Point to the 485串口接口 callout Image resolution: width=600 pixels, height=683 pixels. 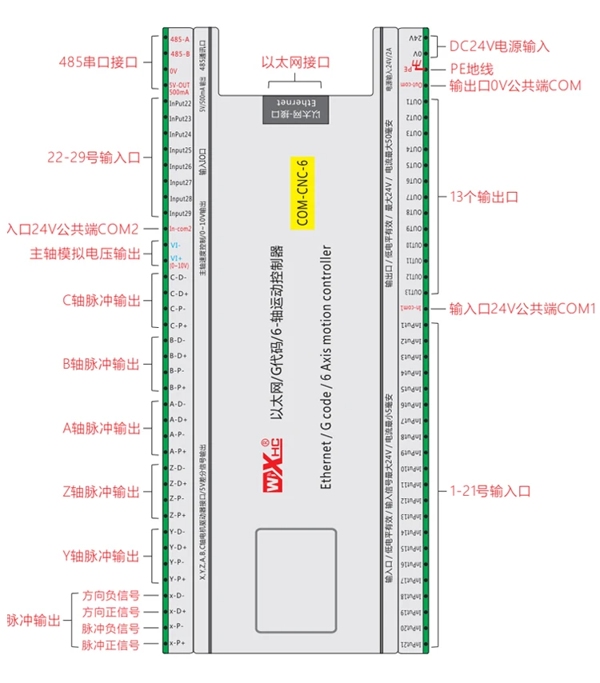99,62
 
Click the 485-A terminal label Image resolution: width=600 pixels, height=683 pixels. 179,39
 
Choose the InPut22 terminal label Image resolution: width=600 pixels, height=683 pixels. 180,103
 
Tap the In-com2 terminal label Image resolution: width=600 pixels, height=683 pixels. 180,229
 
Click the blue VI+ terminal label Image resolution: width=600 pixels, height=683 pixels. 178,258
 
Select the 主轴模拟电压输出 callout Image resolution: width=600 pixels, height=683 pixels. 85,254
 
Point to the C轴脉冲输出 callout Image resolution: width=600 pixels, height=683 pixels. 101,302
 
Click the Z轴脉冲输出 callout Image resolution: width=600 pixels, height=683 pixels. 101,492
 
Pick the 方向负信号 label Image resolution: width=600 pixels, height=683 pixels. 111,596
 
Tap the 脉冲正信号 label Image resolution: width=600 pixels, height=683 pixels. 111,644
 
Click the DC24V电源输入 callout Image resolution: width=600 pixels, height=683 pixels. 499,46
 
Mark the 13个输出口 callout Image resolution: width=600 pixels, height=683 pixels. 485,196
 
